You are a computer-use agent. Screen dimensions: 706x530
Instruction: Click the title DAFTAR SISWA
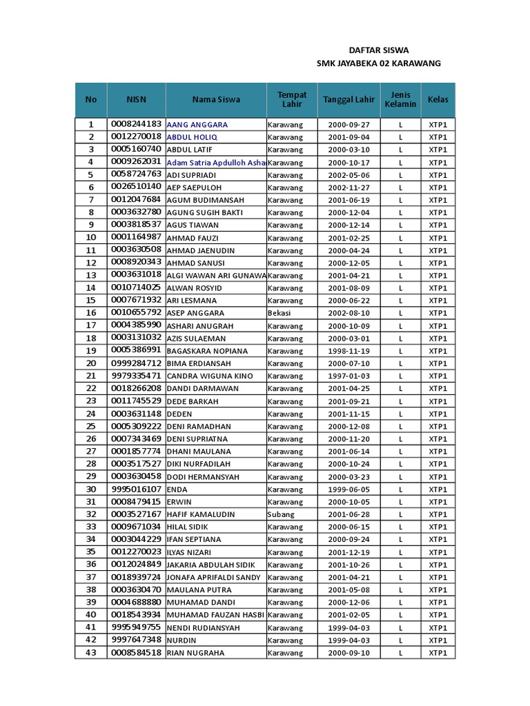[378, 50]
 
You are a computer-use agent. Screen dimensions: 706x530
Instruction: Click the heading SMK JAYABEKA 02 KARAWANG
[378, 63]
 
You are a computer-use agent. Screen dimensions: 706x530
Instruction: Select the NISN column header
[136, 99]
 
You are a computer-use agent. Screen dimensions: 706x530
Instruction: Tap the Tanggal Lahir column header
[349, 99]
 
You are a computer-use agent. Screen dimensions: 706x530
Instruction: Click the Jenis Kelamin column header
[400, 99]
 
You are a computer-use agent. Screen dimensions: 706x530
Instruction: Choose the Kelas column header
[438, 99]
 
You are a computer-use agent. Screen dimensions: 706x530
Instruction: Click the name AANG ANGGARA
[197, 125]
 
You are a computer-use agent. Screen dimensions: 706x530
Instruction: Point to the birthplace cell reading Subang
[281, 514]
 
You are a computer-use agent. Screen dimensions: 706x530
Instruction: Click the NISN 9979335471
[136, 376]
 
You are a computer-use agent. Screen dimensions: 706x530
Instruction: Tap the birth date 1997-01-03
[349, 376]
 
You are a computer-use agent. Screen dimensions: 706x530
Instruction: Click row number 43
[90, 652]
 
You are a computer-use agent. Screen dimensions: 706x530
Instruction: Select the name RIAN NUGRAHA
[195, 653]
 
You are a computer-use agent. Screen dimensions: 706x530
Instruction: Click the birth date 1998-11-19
[349, 351]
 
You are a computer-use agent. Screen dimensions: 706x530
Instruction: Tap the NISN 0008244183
[136, 124]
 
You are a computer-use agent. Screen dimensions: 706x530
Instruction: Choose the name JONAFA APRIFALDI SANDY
[214, 577]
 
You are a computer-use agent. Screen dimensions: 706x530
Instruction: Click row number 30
[90, 489]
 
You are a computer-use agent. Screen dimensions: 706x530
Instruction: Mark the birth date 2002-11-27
[349, 188]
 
